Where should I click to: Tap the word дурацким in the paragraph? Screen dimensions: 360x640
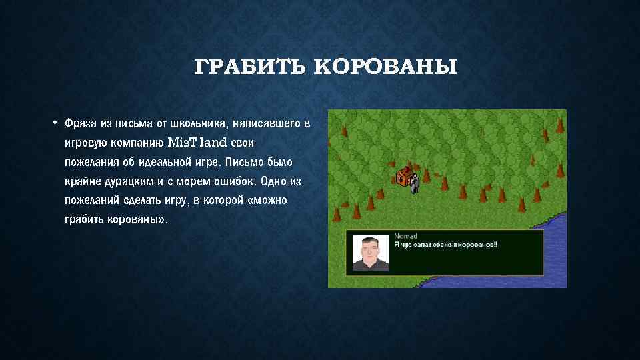pyautogui.click(x=121, y=181)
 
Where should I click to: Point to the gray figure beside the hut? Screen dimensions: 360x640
pyautogui.click(x=415, y=181)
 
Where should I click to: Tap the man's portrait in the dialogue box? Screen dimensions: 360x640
pyautogui.click(x=371, y=253)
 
